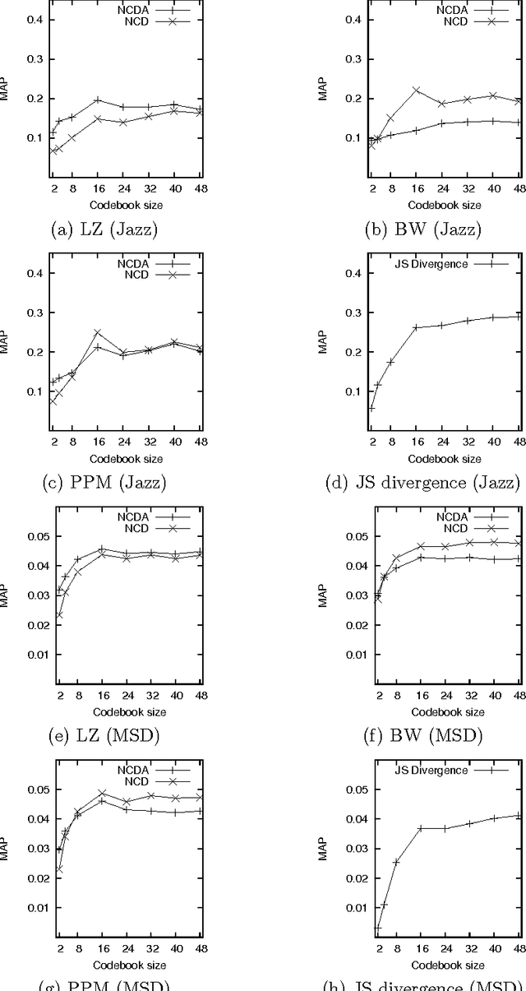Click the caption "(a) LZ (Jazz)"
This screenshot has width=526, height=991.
point(104,229)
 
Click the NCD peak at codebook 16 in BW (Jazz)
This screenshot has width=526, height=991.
point(416,90)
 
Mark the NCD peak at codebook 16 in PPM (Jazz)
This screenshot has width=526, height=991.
point(97,332)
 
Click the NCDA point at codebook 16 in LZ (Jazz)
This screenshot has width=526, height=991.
point(97,100)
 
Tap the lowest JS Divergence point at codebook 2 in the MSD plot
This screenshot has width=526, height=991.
point(378,928)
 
